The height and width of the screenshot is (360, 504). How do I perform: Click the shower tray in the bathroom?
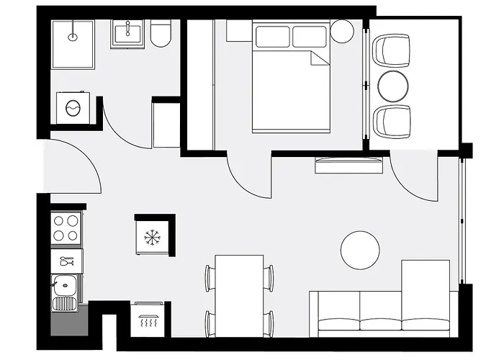72,43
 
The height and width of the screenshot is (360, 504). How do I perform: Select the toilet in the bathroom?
161,33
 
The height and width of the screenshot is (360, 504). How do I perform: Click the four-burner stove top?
66,228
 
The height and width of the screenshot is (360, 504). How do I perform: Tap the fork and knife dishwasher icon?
66,260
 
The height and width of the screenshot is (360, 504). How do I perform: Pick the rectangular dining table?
239,294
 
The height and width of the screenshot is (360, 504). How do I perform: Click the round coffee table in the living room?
360,250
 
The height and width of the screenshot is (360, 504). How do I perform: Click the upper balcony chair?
393,50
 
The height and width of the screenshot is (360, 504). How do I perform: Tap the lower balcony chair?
393,120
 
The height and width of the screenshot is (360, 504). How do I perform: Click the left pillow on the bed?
271,36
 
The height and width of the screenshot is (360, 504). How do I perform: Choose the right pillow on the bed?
310,36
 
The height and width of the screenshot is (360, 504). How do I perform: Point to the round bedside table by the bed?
342,31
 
